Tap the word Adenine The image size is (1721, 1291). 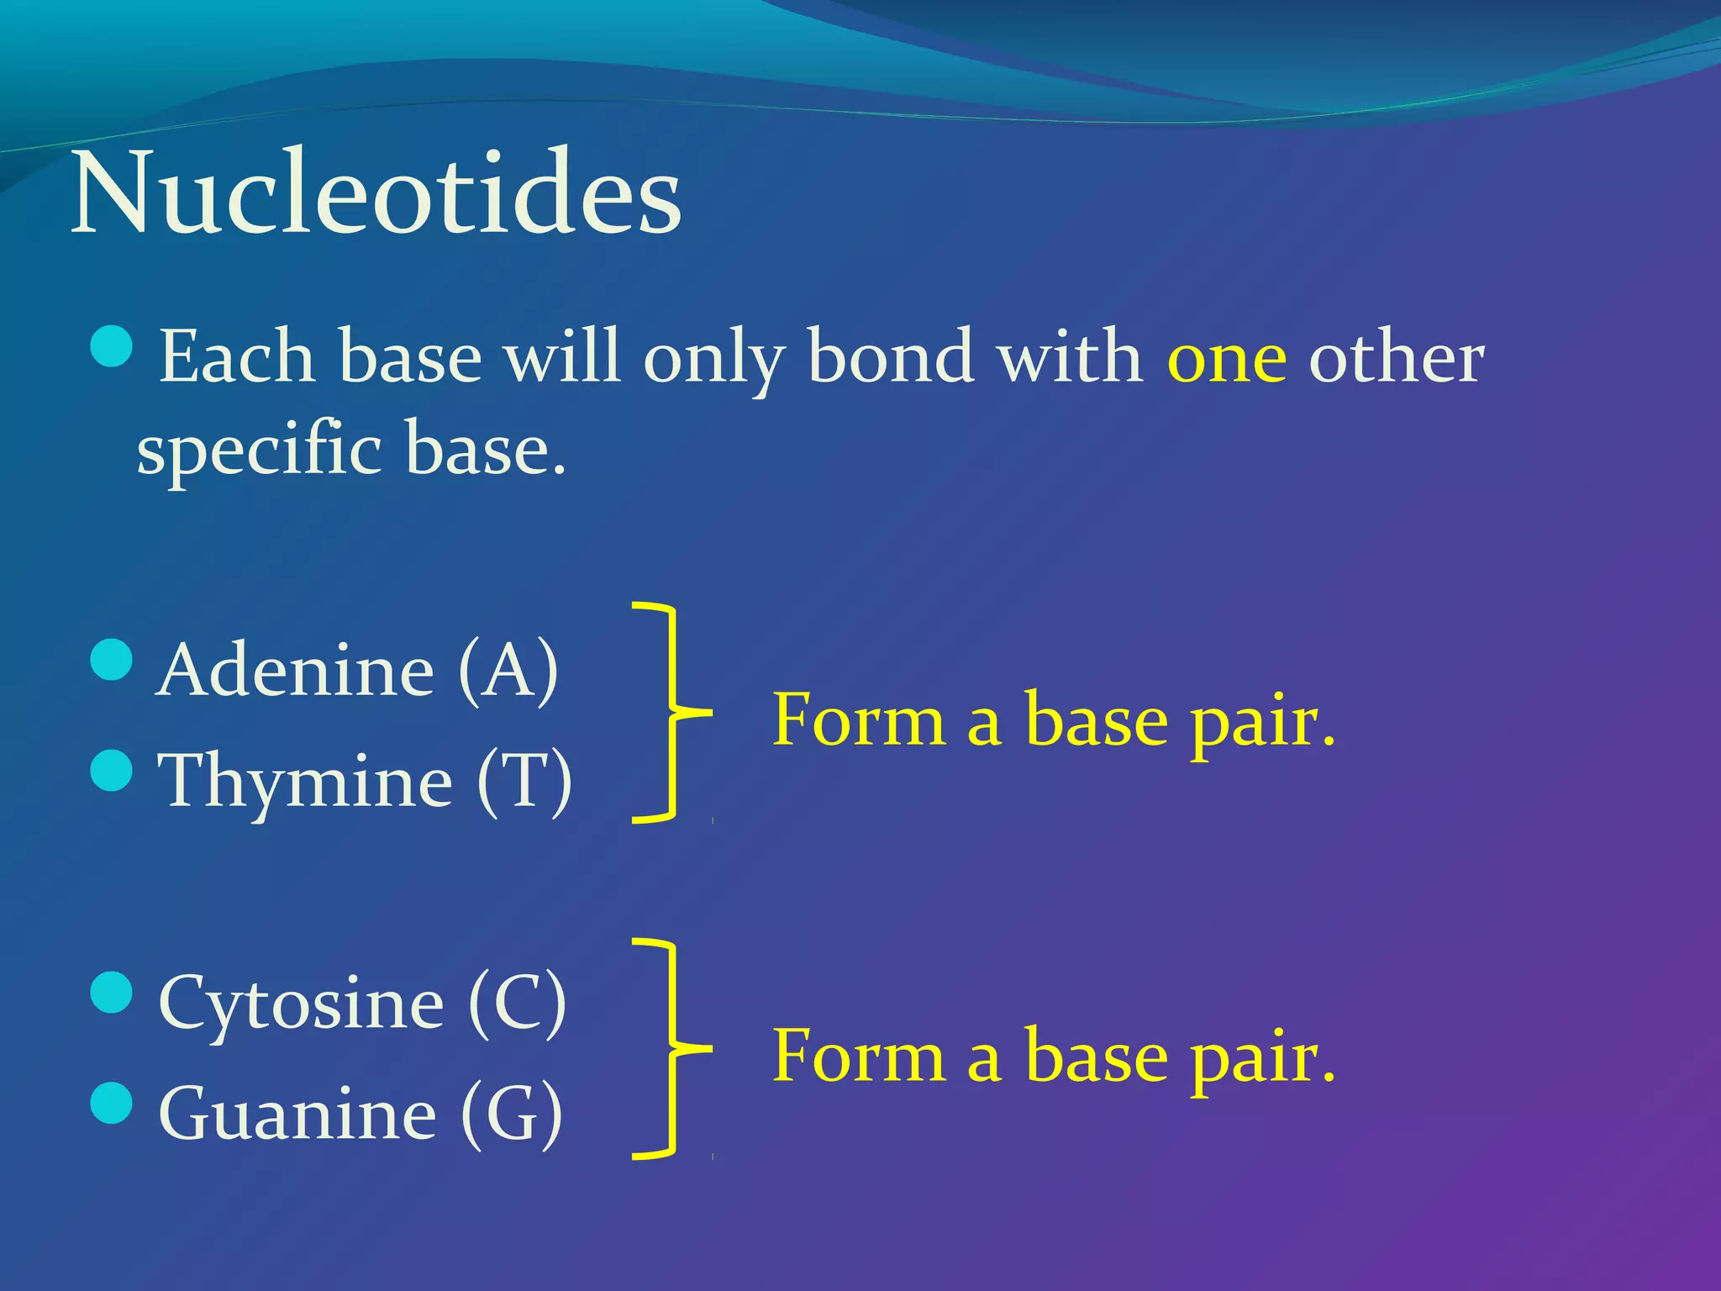(295, 670)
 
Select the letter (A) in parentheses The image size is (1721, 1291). (508, 670)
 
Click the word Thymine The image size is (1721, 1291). (305, 782)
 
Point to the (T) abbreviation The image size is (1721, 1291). (524, 781)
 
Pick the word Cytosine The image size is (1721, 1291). (301, 1004)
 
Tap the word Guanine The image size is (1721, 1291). (297, 1114)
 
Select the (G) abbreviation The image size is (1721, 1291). (512, 1114)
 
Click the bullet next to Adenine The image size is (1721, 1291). (111, 659)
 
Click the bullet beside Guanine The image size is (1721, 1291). (111, 1103)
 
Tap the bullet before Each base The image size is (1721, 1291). (111, 347)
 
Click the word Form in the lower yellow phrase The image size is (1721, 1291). (858, 1057)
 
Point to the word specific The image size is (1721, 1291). (260, 451)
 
